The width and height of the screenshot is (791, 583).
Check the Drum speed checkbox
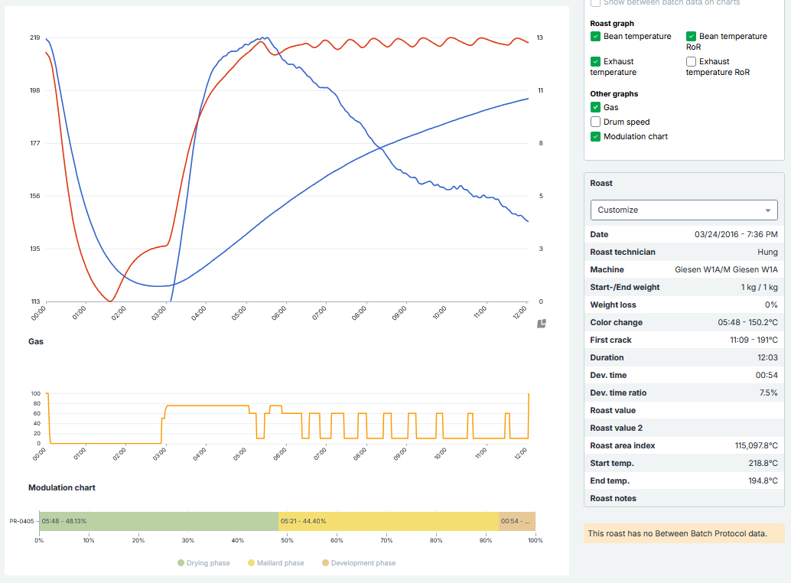595,122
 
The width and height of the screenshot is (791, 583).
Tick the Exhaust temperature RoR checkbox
691,61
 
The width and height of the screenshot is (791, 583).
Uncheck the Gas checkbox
595,108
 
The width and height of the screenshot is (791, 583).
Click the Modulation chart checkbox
595,136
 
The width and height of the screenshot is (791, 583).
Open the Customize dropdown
684,210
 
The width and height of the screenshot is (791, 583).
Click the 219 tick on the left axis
35,37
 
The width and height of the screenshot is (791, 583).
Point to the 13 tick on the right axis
539,37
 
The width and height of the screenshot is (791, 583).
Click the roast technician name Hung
767,252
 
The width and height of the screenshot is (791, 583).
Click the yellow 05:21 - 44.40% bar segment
388,521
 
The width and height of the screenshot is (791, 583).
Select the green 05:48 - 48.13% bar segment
158,521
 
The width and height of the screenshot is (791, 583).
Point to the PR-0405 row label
21,521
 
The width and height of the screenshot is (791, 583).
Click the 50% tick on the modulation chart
287,540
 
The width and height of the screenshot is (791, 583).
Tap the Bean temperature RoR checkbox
691,36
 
